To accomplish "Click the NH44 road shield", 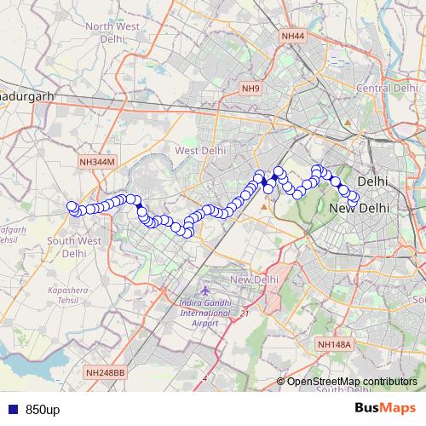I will (x=292, y=35).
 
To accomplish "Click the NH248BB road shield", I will (x=106, y=372).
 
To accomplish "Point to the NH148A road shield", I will (x=334, y=344).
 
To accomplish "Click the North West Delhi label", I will (x=112, y=32).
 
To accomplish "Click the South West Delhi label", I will (x=74, y=247).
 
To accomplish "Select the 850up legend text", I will (x=43, y=409).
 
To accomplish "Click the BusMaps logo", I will (x=386, y=408).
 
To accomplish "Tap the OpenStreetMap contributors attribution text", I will (x=352, y=381).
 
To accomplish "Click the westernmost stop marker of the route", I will (x=72, y=205).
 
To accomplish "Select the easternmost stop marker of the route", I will (x=354, y=200).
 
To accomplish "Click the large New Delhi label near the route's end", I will (x=358, y=209).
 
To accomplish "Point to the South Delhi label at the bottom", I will (x=345, y=389).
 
